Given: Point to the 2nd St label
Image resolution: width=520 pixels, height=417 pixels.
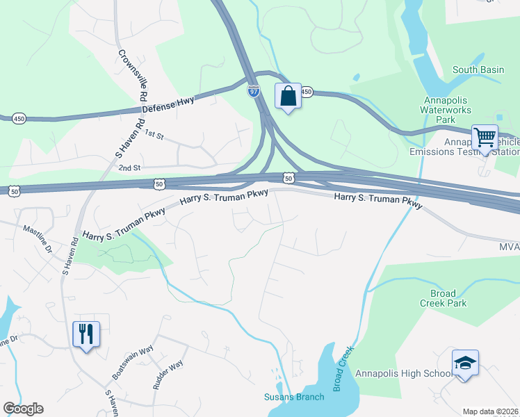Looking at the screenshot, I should point(129,167).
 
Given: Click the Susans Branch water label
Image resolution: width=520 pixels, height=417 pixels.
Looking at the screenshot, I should point(293,397).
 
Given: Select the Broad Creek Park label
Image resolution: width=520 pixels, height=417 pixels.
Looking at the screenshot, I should point(443,298).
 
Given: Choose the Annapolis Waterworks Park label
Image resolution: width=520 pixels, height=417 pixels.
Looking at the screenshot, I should point(447,110).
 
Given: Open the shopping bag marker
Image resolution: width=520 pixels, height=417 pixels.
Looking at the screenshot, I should point(288,96).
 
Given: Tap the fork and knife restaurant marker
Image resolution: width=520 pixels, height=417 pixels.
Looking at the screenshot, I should point(86,334).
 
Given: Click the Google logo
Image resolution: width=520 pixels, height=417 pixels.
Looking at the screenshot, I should point(23,409).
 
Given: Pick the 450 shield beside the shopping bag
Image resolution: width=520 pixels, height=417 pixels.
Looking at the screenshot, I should point(307,92).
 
